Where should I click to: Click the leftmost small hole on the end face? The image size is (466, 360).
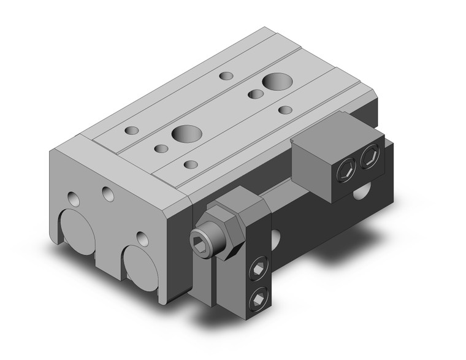tap(74, 198)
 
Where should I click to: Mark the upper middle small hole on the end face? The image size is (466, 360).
tap(109, 194)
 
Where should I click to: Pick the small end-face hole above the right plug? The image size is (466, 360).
tap(142, 237)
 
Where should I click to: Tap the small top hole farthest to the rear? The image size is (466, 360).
tap(227, 75)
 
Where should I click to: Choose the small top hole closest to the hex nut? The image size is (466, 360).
tap(191, 164)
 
